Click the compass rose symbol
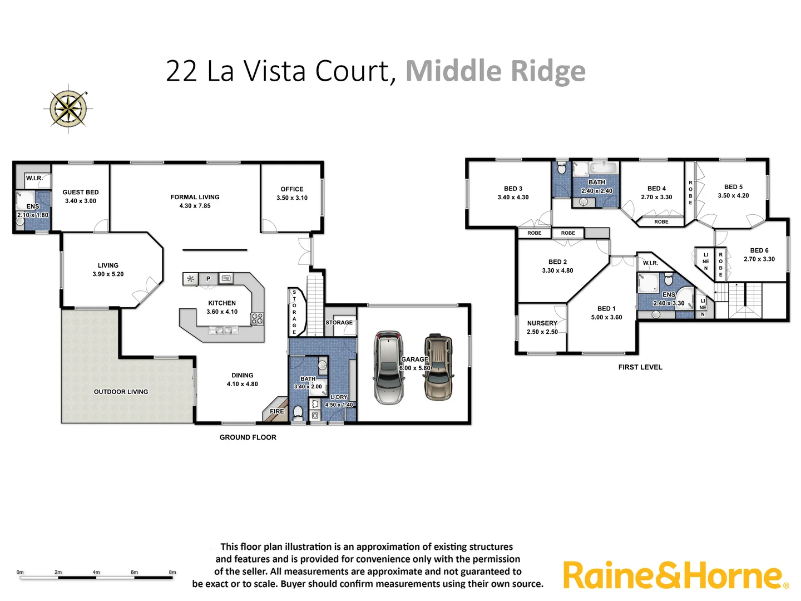coord(68,109)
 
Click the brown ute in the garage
coord(438,367)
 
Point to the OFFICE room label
coord(292,189)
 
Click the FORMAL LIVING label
coord(195,197)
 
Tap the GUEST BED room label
coord(81,192)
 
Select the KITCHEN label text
coord(222,303)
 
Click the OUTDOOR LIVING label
coord(121,392)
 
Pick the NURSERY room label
coord(542,323)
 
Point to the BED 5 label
coord(733,187)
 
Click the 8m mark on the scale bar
coord(172,573)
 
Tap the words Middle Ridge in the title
coord(495,71)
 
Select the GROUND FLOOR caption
coord(248,437)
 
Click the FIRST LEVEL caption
coord(640,367)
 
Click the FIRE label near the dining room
coord(277,411)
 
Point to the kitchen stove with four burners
coord(257,318)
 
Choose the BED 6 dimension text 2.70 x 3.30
coord(759,259)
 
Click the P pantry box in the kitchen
coord(208,279)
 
